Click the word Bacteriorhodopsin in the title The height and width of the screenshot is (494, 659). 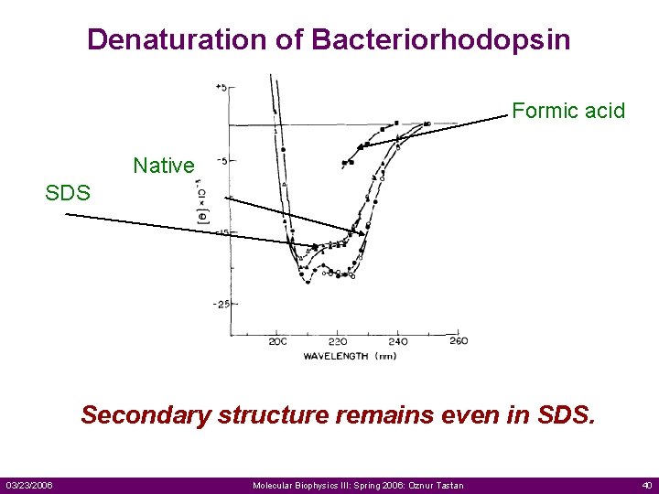click(441, 40)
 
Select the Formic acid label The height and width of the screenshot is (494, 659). click(568, 112)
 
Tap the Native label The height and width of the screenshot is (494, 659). click(164, 166)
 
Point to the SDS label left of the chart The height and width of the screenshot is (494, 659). click(69, 194)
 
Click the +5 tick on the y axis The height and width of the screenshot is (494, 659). click(221, 88)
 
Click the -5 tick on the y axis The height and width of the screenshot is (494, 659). click(221, 160)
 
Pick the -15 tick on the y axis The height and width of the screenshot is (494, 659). click(221, 232)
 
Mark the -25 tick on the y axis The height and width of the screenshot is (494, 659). click(221, 304)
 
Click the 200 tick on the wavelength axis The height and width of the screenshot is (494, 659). click(277, 341)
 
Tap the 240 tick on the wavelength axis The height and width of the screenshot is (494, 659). click(397, 341)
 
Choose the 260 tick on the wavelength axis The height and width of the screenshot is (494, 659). click(458, 341)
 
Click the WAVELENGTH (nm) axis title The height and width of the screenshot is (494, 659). click(351, 356)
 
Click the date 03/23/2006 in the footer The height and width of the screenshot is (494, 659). click(29, 485)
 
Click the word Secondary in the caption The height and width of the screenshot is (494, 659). click(146, 415)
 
